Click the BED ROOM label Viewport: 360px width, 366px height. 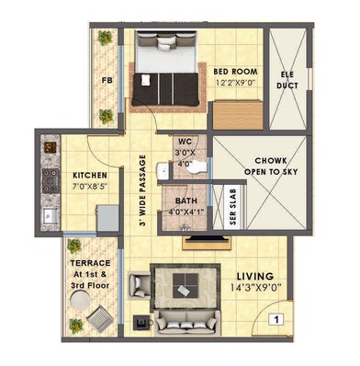(235, 71)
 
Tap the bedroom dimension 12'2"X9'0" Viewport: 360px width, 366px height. (235, 84)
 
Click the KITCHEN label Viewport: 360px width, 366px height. (91, 176)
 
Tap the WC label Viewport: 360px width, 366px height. (186, 142)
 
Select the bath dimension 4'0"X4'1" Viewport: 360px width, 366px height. (184, 211)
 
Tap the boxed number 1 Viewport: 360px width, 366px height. (274, 320)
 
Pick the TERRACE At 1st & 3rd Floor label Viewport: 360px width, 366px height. (90, 273)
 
